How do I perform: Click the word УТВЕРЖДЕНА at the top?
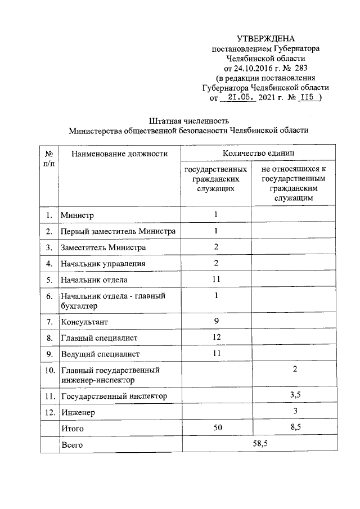[x=265, y=39]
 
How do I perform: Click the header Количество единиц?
[x=258, y=153]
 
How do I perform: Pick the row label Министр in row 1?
[x=78, y=215]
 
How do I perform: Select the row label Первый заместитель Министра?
[x=118, y=231]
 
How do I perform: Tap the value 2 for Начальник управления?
[x=216, y=263]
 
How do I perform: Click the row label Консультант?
[x=84, y=322]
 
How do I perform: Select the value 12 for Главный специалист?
[x=216, y=337]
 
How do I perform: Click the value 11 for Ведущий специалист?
[x=216, y=353]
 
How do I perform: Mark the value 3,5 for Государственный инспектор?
[x=295, y=395]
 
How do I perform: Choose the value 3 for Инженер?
[x=295, y=412]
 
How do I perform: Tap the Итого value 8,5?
[x=295, y=428]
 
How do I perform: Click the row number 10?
[x=49, y=370]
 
